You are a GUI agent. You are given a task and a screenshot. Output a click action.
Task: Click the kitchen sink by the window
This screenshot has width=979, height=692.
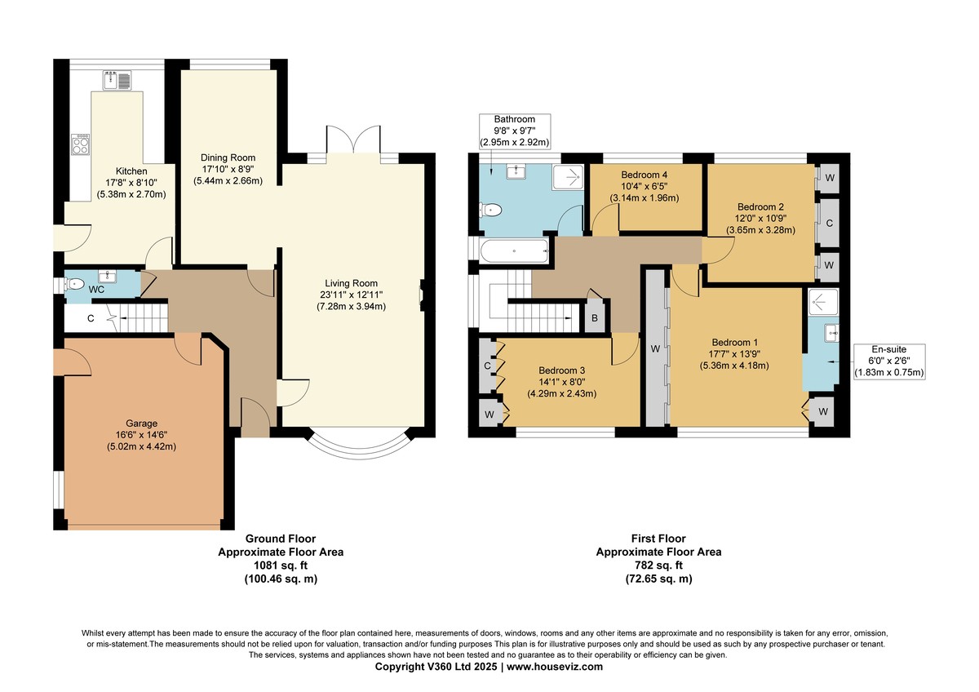tap(117, 79)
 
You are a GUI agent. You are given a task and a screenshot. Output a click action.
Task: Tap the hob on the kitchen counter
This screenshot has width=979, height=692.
tap(81, 144)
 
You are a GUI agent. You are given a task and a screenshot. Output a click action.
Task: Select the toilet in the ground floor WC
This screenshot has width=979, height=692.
tap(74, 284)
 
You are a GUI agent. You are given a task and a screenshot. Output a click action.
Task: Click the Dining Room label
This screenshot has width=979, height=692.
tap(228, 169)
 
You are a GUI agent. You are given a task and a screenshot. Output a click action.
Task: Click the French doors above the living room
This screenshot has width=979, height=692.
tap(353, 139)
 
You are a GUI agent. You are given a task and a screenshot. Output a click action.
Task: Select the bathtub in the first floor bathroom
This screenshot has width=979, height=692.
tap(514, 251)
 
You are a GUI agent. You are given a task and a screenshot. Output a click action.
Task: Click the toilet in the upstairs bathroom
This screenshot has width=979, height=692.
tap(490, 210)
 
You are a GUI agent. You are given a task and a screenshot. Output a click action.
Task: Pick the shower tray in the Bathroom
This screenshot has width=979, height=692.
tap(568, 177)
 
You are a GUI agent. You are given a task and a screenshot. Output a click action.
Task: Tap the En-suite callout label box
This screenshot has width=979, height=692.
tap(889, 361)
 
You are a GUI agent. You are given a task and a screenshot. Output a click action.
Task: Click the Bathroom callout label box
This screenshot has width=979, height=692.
tap(515, 131)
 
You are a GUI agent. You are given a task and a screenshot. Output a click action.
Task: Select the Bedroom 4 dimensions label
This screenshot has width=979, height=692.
tap(645, 192)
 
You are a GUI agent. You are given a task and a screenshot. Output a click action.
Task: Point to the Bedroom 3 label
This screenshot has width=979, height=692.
tap(561, 382)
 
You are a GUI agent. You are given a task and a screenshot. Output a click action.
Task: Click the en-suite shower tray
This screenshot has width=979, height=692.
tap(823, 302)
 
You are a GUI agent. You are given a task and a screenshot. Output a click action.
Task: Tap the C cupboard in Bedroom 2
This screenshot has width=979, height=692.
tap(829, 223)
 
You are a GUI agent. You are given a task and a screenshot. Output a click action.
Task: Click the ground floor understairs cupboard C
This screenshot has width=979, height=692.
tap(91, 318)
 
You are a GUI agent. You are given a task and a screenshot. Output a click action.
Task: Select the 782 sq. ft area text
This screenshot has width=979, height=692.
tap(658, 566)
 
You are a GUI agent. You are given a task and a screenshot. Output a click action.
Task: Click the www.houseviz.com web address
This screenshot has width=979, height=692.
tap(555, 667)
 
